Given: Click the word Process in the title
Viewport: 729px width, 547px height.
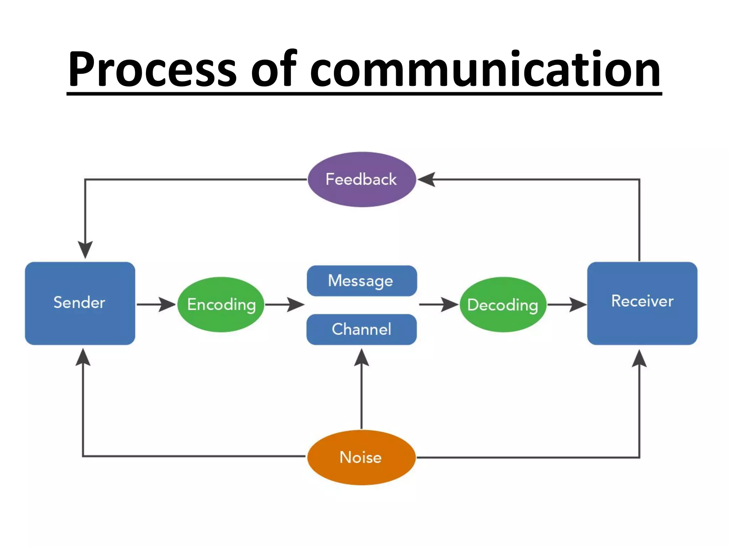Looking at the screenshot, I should click(152, 69).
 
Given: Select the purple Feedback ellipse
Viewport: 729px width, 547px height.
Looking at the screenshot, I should click(361, 179).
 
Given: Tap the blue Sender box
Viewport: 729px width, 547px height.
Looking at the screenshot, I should click(80, 303).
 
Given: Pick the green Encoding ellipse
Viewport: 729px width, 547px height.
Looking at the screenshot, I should click(221, 304).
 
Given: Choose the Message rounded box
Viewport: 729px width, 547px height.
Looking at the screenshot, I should click(361, 281).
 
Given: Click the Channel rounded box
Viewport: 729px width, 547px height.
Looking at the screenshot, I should click(361, 329).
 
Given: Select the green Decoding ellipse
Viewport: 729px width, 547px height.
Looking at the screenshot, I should click(503, 304).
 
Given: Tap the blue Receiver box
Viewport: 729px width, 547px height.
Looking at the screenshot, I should click(642, 303).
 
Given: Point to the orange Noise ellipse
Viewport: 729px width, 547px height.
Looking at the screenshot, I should click(361, 457).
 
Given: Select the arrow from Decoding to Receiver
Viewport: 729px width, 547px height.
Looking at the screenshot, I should click(567, 304).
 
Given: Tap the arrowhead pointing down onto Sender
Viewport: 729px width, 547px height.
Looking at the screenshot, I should click(85, 249).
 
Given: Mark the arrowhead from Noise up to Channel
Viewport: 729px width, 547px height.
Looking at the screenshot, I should click(361, 358).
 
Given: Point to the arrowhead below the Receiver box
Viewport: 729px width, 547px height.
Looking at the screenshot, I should click(639, 359).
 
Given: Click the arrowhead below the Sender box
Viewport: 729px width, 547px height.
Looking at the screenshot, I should click(83, 358).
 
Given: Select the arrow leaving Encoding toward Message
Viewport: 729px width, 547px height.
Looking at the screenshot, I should click(285, 304).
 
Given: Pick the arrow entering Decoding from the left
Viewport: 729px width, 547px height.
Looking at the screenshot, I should click(439, 304).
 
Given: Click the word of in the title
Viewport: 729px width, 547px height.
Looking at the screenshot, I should click(273, 69).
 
